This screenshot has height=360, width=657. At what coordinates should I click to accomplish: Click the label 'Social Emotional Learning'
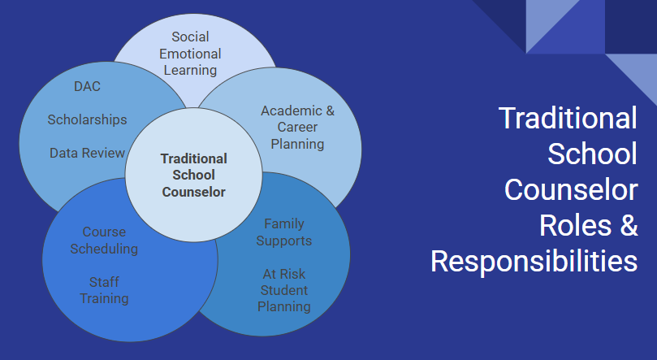(191, 53)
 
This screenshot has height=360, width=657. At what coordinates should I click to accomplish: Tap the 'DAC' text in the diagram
(87, 85)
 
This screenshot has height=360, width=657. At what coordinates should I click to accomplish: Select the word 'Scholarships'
(87, 119)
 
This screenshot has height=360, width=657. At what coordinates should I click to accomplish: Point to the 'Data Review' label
(87, 153)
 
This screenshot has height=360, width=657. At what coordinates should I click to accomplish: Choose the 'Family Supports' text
(284, 232)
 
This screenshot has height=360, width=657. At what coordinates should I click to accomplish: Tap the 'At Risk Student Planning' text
(284, 290)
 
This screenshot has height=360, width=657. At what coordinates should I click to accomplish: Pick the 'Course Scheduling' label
(104, 240)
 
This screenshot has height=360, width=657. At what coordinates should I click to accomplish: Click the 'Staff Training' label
(104, 290)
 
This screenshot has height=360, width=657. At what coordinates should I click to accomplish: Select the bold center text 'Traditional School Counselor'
(193, 176)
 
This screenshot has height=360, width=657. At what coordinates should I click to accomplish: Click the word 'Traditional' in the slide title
(568, 118)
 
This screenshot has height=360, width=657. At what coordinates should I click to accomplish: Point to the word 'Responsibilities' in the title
(534, 261)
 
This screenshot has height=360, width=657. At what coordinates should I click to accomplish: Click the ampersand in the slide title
(628, 225)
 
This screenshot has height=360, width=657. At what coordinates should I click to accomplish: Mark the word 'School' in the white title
(593, 154)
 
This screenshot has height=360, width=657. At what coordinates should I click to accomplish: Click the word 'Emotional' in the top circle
(191, 53)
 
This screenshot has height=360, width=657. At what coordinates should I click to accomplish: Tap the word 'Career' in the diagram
(297, 128)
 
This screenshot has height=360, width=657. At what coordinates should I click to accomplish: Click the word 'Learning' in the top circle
(191, 69)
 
